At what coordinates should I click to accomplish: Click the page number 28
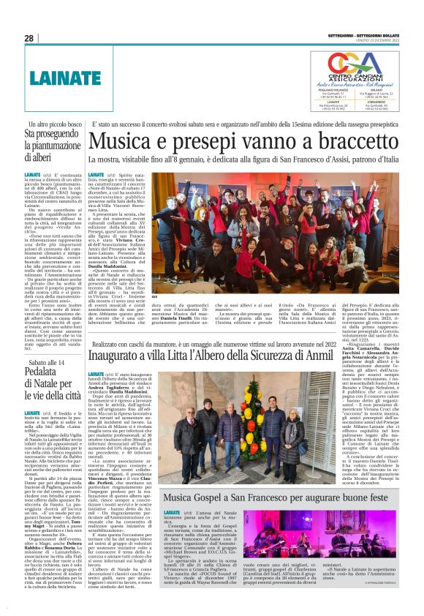29,38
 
